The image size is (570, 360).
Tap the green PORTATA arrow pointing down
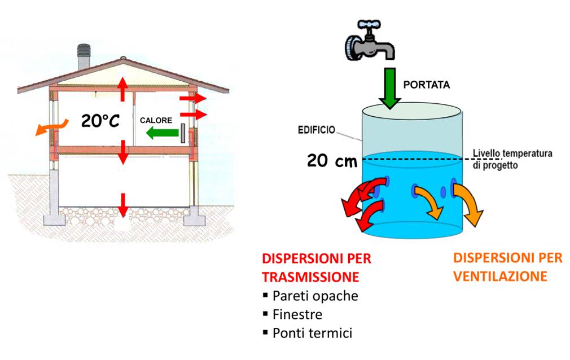[390, 87]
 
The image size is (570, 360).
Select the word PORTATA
[426, 85]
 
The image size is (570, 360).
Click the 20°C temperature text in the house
[101, 120]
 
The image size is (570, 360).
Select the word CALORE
[156, 120]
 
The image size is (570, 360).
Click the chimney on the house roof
[84, 55]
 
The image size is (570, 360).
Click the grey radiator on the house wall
[184, 133]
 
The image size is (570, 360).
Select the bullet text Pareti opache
[315, 296]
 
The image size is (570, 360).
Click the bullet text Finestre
[297, 314]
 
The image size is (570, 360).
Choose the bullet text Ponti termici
[312, 333]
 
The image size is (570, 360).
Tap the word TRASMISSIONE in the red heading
[310, 277]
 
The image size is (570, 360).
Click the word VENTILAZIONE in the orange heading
[500, 276]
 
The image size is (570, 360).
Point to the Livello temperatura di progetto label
[512, 159]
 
